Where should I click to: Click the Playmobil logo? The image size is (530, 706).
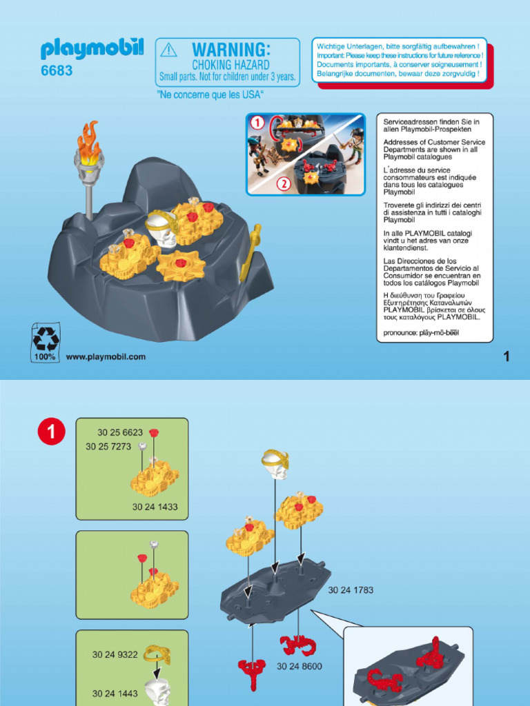tap(92, 49)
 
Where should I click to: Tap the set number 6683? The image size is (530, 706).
tap(57, 71)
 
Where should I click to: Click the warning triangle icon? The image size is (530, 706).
tap(168, 50)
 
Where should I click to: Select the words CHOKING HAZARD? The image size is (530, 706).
tap(230, 65)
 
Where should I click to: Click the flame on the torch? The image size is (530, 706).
tap(88, 137)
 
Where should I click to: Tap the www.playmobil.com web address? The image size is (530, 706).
tap(106, 356)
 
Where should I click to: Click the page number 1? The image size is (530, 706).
tap(506, 356)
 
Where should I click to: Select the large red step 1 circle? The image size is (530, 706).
tap(51, 432)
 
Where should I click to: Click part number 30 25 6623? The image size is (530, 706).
tap(120, 433)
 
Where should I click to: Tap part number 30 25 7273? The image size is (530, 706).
tap(108, 447)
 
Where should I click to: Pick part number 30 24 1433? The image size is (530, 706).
tap(155, 507)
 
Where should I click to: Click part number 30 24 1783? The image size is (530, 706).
tap(351, 590)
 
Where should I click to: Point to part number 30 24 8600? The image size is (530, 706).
tap(300, 666)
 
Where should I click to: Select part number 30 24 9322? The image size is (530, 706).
tap(115, 655)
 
